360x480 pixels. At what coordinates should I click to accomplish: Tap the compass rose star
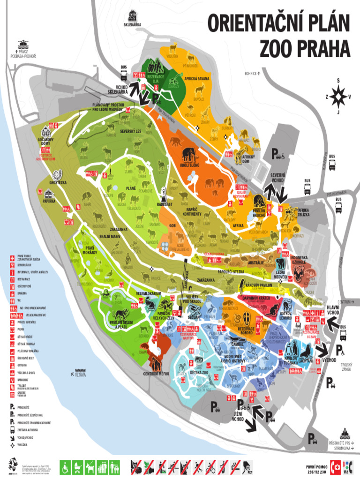[338, 97]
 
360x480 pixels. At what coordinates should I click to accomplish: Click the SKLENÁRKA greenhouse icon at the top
[133, 15]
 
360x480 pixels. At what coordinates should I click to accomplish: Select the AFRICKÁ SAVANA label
[197, 79]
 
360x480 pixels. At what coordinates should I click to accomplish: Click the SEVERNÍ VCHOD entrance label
[277, 178]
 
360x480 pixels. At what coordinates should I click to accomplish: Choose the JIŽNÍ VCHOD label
[238, 417]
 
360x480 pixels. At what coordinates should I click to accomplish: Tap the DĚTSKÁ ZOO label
[199, 372]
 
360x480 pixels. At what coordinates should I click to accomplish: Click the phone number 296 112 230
[316, 471]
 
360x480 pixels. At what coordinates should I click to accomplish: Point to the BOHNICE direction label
[252, 74]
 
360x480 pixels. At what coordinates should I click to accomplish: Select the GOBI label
[173, 225]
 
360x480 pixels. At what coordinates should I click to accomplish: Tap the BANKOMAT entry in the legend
[23, 379]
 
